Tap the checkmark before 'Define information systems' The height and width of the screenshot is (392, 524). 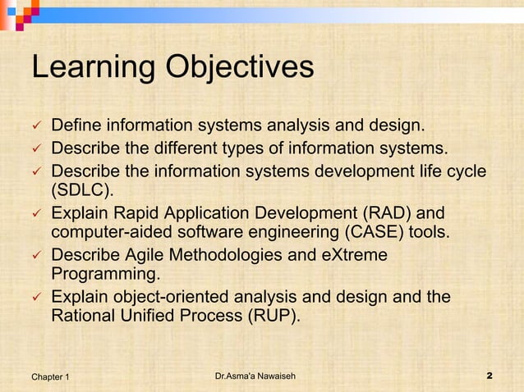click(x=35, y=127)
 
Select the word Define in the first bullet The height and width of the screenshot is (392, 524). click(x=76, y=126)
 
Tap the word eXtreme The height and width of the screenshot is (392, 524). click(x=355, y=254)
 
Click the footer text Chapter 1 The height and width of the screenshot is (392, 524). click(x=50, y=376)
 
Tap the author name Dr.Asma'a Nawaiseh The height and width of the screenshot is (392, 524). click(x=255, y=376)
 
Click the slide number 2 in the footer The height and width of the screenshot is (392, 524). click(x=489, y=376)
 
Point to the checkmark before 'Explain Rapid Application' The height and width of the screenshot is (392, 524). click(x=35, y=212)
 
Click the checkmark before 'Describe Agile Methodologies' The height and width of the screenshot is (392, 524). click(x=35, y=255)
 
